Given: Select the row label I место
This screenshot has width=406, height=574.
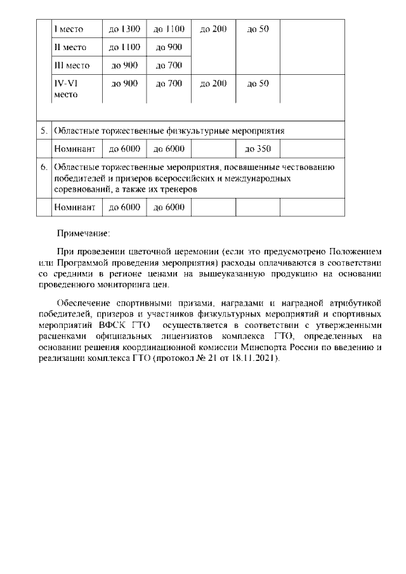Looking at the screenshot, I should [x=69, y=29].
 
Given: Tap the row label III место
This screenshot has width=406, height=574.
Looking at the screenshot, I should [x=72, y=65].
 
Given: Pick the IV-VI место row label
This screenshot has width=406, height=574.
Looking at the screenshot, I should [x=68, y=89].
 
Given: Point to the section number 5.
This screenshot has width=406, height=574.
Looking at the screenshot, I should [x=44, y=131].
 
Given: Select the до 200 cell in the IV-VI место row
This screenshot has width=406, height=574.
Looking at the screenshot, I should [x=213, y=83].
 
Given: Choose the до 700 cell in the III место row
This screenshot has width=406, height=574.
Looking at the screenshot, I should [x=169, y=65].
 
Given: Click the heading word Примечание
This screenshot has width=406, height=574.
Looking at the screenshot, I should [x=84, y=233].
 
